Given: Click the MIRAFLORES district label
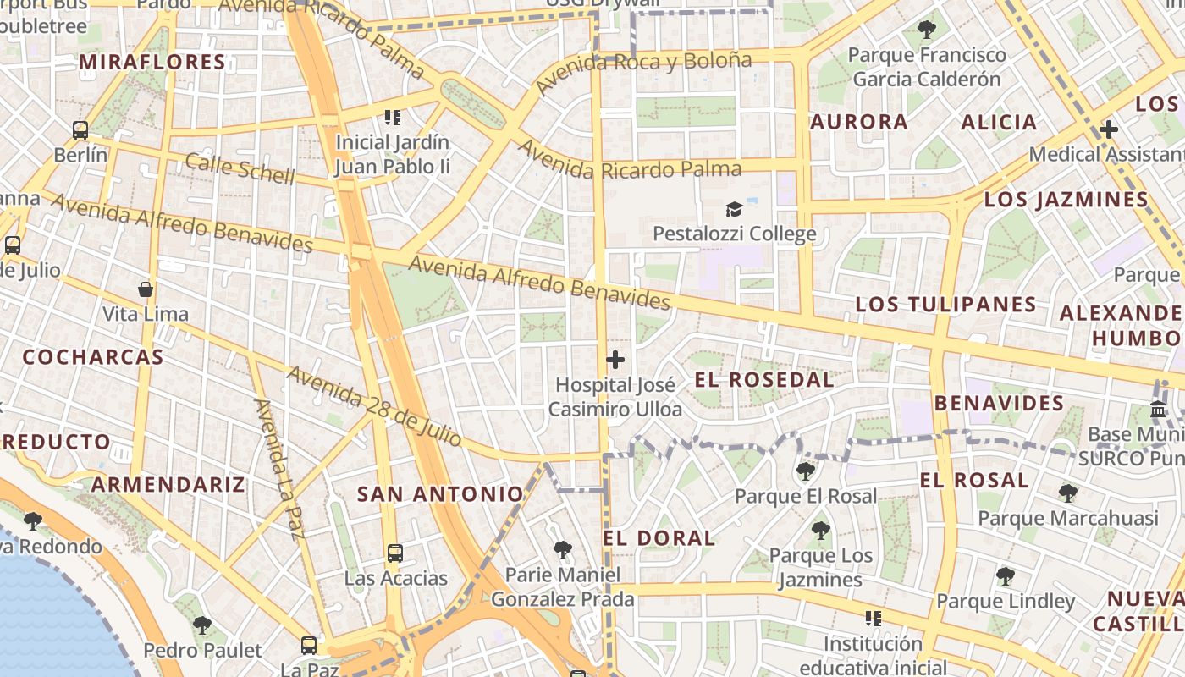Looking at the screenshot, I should point(152,63).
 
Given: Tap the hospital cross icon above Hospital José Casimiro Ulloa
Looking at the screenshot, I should point(615,360).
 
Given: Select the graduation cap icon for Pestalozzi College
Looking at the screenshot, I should point(734,209).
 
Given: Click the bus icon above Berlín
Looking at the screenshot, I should point(80,130).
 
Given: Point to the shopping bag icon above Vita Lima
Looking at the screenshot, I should point(146,289).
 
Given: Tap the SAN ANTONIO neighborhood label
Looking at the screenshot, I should point(440,494).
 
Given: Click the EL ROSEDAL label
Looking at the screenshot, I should point(764,380).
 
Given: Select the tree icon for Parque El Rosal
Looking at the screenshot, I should point(806,471).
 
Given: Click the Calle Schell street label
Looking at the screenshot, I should point(240,169).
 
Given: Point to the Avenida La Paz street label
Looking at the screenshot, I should point(278,469).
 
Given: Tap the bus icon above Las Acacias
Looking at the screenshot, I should point(395,553).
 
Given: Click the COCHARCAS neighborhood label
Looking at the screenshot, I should point(93,357).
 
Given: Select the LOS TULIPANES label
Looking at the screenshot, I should point(945,305).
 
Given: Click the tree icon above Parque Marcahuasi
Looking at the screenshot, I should point(1068,493).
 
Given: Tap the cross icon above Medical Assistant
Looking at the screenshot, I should point(1108,129).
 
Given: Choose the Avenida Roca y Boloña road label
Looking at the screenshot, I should point(643,72).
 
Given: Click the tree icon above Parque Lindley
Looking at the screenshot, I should point(1006,576).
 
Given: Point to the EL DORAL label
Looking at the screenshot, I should point(659,538).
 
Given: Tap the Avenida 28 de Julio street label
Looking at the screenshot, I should point(373,406).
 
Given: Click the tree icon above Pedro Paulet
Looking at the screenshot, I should point(201,625).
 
